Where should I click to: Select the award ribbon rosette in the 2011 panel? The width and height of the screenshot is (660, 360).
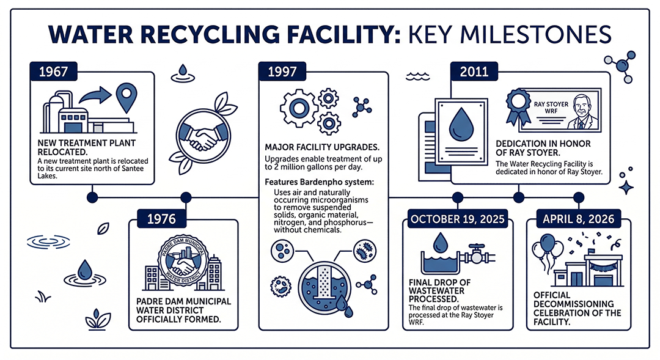(519, 104)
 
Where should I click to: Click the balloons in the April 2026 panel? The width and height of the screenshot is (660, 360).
(546, 252)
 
